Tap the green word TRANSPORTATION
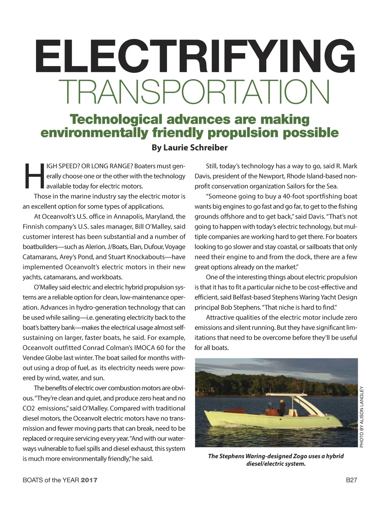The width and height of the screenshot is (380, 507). (x=194, y=92)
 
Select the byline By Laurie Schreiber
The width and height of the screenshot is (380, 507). (x=190, y=147)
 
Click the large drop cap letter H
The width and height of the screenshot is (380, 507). (x=33, y=176)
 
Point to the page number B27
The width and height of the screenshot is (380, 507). (x=351, y=480)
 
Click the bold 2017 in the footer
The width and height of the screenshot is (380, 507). (x=89, y=480)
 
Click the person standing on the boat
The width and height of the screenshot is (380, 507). (x=282, y=407)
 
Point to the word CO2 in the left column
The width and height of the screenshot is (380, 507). (x=29, y=408)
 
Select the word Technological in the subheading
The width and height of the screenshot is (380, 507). (x=116, y=120)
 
